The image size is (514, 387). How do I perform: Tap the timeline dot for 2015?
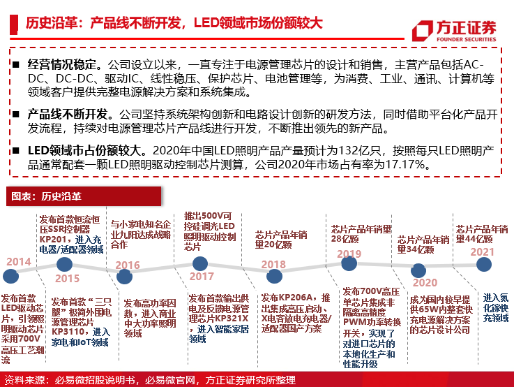point(64,264)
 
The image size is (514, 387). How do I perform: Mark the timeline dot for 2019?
point(349,265)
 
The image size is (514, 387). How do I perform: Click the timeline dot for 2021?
point(482,264)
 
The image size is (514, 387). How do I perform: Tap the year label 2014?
point(19,262)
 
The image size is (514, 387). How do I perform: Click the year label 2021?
point(482,251)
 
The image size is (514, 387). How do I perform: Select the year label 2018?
point(273,265)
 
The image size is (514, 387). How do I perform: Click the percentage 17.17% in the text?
point(409,165)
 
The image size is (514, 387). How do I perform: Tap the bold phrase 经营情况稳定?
point(59,64)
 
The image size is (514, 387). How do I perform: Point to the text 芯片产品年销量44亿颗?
point(483,233)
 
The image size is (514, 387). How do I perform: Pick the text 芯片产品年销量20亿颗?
point(281,240)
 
